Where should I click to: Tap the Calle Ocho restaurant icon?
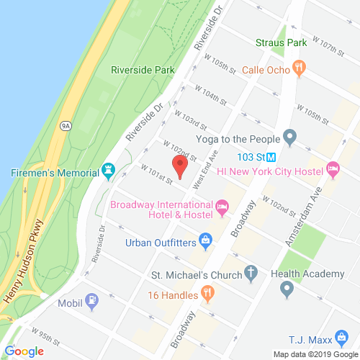[300, 69]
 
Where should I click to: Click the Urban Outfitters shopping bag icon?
[205, 240]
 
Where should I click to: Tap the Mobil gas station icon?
[92, 300]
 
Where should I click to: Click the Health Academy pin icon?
[287, 289]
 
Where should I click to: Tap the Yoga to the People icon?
[290, 136]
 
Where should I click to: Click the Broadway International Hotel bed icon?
[222, 210]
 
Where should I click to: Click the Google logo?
[24, 351]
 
